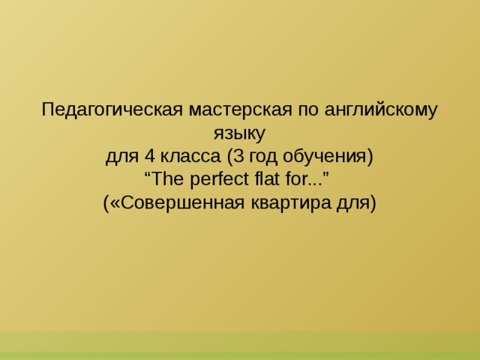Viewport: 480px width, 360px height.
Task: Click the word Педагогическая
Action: pos(112,109)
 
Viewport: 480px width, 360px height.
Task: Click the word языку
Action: pos(240,133)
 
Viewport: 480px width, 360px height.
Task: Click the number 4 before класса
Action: pos(149,157)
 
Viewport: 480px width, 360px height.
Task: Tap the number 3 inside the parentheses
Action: pos(238,157)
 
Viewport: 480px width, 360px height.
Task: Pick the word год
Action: pos(262,157)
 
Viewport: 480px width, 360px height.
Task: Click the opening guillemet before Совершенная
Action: pos(115,204)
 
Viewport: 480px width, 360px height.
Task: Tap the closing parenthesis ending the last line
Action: pos(372,203)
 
